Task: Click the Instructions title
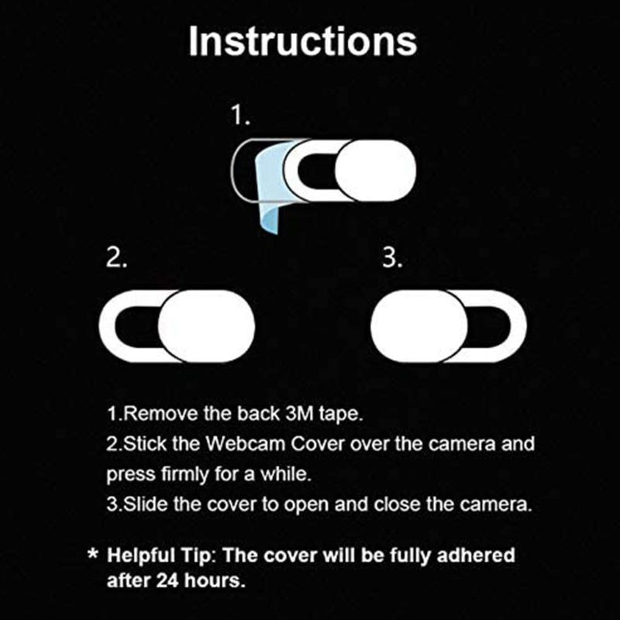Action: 302,42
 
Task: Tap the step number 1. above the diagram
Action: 241,116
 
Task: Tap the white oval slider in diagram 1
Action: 374,166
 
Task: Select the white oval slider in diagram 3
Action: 418,325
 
